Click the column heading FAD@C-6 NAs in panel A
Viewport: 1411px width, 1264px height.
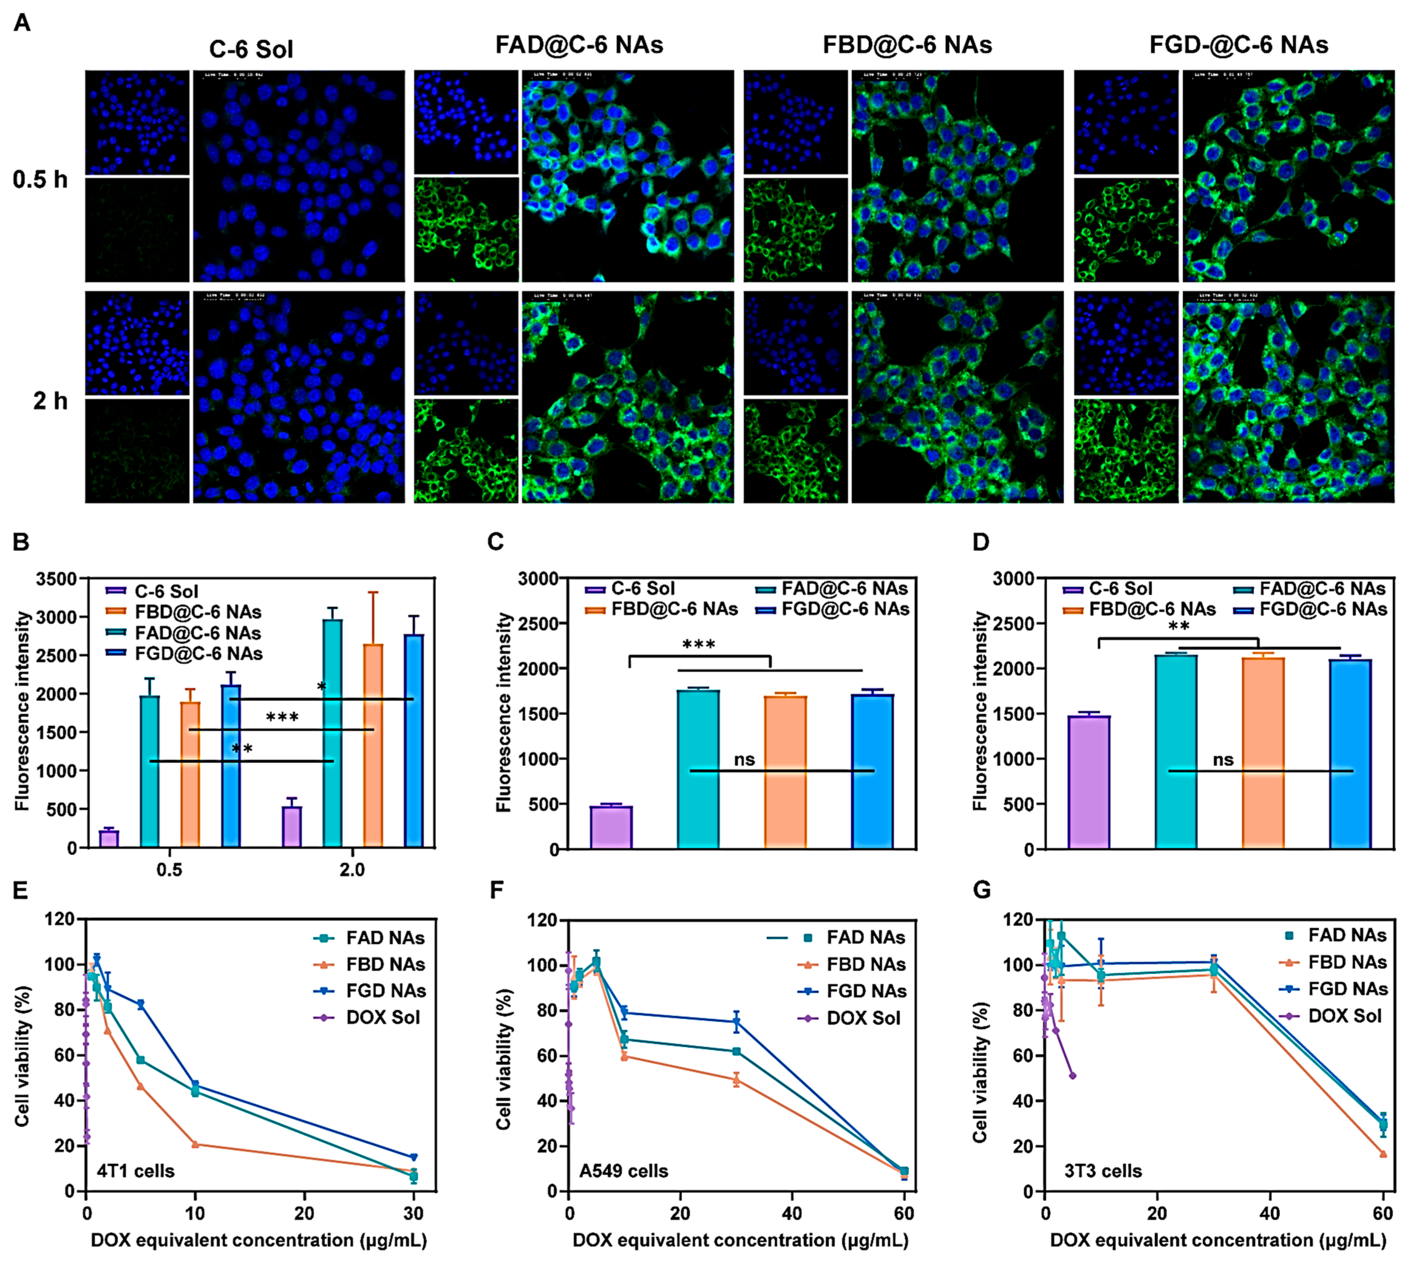coord(579,45)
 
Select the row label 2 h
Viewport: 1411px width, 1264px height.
coord(50,401)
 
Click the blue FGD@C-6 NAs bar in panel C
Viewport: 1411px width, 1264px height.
coord(872,771)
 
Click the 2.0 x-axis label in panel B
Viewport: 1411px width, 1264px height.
coord(352,869)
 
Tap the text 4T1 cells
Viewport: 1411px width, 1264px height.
coord(135,1171)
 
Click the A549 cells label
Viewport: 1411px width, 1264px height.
coord(624,1171)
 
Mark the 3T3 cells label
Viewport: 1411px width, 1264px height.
coord(1103,1171)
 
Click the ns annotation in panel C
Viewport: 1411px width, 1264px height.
coord(744,760)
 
